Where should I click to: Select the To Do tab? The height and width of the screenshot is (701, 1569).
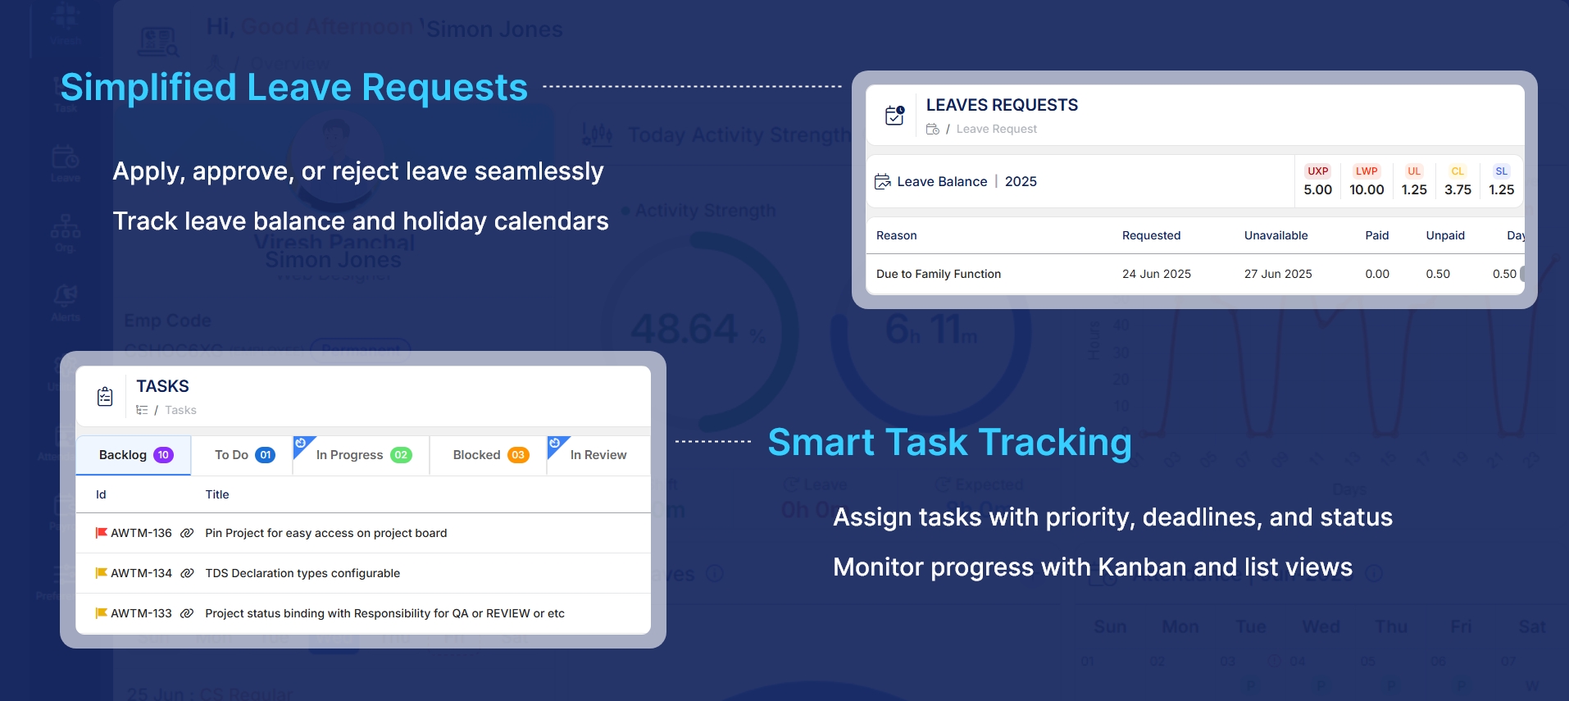click(243, 455)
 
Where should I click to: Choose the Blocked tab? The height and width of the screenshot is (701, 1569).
click(489, 455)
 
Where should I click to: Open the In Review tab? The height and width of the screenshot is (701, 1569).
click(598, 455)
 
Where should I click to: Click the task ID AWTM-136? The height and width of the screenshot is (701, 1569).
click(141, 533)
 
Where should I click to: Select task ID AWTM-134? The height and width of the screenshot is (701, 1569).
click(141, 573)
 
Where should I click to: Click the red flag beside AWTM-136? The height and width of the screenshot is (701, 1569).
click(102, 533)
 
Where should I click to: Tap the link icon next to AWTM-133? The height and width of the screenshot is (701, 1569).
click(187, 613)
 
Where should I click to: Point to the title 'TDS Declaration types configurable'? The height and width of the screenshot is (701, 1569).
click(302, 573)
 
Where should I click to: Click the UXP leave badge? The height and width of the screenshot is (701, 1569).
click(1317, 171)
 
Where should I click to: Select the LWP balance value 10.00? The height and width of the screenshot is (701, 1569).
click(1367, 189)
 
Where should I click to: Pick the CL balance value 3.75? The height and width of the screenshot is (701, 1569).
click(1458, 189)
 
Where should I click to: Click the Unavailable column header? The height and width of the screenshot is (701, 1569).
click(1276, 235)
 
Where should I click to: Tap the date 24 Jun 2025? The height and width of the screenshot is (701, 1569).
click(1156, 274)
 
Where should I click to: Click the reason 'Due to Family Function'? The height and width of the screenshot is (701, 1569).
click(938, 274)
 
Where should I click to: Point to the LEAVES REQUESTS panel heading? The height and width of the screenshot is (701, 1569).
click(1002, 105)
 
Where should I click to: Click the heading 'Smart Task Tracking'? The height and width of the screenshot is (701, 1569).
click(949, 442)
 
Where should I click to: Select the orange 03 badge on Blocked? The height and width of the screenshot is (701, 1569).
click(518, 455)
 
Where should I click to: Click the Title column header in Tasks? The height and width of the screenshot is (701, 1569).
click(216, 494)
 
